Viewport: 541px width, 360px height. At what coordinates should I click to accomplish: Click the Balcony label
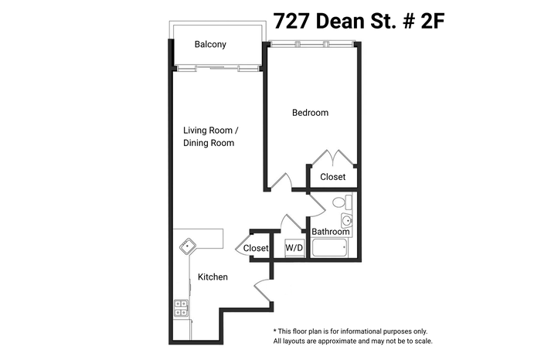211,44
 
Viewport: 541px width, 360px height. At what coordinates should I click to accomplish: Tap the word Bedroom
310,113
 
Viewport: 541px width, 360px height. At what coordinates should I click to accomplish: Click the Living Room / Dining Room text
209,137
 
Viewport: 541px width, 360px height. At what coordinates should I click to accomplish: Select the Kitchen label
213,277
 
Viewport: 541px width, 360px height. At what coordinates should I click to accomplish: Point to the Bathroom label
331,232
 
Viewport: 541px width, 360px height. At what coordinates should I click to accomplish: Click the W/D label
294,248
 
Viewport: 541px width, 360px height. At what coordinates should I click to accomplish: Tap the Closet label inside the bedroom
333,177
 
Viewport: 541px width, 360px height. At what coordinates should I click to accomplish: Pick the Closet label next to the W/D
255,248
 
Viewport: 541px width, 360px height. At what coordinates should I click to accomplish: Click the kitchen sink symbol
189,247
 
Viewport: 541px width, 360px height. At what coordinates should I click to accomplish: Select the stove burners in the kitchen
180,307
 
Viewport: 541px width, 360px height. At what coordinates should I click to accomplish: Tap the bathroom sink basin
345,219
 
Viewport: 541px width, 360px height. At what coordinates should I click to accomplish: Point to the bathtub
328,249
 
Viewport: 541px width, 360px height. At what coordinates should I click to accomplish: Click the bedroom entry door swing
284,182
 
